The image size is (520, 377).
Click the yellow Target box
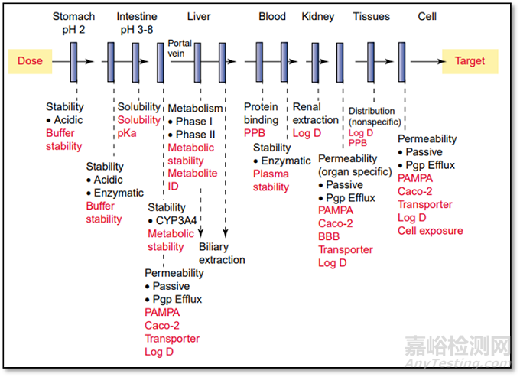pos(469,60)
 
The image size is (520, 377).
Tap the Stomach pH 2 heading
pos(73,22)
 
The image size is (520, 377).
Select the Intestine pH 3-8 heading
pos(138,22)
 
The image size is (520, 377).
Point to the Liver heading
pos(199,16)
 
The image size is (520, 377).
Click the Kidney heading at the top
pos(317,16)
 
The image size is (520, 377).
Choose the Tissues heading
pos(371,16)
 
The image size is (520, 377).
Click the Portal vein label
pos(180,49)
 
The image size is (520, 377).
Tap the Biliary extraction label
pos(222,253)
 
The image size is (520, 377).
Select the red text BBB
pos(330,236)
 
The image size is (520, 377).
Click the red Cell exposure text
pos(430,230)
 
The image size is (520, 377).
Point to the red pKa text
pos(127,132)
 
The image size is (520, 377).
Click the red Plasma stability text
pos(271,180)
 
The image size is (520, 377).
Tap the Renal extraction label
pos(315,113)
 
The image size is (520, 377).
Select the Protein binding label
pos(262,113)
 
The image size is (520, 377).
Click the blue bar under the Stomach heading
pos(73,61)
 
